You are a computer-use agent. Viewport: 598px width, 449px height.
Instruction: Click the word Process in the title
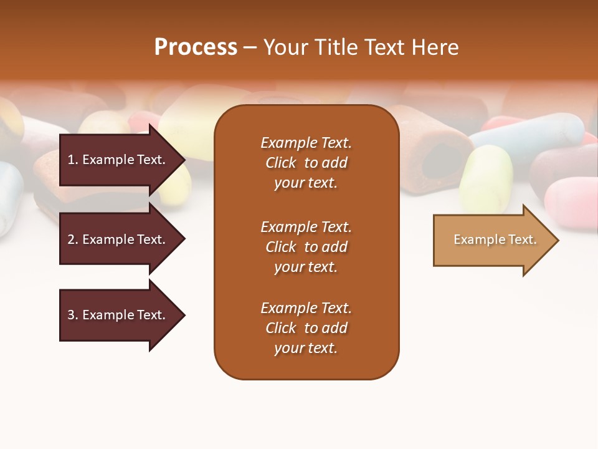196,47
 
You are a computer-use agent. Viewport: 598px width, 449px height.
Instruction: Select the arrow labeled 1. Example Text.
118,160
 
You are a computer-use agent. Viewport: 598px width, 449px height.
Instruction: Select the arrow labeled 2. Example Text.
118,239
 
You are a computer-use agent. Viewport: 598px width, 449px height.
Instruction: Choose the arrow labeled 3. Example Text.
118,315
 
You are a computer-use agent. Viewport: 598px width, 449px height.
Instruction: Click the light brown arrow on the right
492,240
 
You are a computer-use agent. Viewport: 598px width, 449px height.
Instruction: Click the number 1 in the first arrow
71,160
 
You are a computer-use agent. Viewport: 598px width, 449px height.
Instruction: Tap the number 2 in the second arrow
71,239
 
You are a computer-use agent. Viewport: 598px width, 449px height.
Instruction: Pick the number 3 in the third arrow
71,315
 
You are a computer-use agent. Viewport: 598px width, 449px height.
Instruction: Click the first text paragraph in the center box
306,163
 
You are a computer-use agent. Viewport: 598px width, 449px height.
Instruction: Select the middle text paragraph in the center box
306,247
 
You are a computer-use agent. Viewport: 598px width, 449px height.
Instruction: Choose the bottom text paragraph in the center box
306,328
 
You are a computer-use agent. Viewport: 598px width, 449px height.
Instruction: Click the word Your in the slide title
285,47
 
